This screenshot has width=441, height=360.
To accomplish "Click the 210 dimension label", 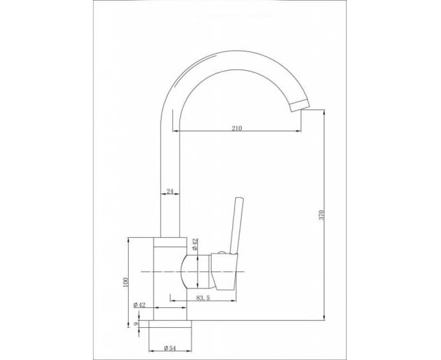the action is click(237, 128).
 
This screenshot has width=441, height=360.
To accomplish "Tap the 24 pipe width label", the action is click(170, 191).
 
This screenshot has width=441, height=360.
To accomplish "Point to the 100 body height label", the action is click(125, 282).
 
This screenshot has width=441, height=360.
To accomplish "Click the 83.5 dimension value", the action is click(203, 298).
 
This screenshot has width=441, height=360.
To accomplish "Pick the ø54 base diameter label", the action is click(169, 348).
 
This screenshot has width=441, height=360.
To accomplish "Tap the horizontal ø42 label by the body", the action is click(139, 305).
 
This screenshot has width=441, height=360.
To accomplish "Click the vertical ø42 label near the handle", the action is click(195, 244).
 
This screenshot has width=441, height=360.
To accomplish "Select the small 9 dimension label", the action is click(136, 324).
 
